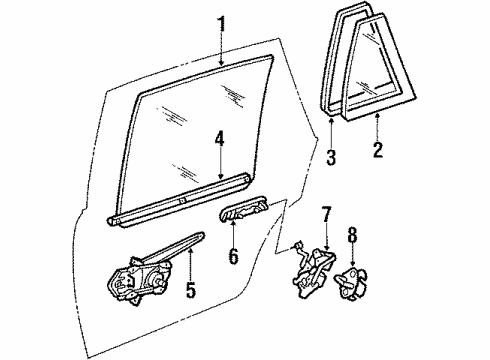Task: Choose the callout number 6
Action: pos(233,258)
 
